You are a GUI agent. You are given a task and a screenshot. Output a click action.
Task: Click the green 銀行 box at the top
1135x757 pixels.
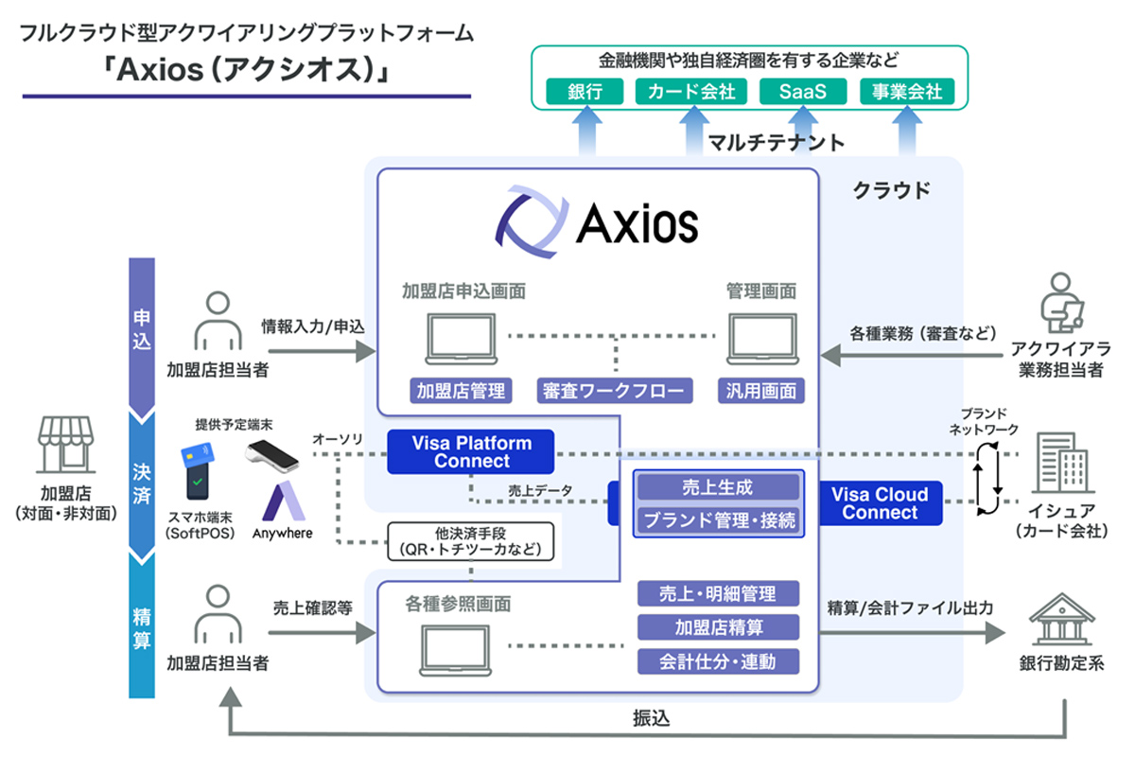pos(585,92)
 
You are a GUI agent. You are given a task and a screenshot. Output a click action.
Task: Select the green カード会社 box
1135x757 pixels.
pos(691,92)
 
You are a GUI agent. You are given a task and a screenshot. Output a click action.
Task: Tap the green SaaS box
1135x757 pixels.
pos(802,92)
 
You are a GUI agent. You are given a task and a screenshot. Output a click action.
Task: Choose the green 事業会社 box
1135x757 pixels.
pos(907,92)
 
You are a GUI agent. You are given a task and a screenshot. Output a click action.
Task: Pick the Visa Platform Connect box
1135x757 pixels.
pos(471,452)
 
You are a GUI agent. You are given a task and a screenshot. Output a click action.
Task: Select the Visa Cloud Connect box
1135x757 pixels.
pos(880,503)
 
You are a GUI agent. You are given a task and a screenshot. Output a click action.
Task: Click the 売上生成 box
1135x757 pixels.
pos(717,488)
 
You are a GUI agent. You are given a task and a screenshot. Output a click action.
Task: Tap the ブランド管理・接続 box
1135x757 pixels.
pos(717,519)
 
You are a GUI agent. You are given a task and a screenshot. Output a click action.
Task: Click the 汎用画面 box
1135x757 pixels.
pos(761,390)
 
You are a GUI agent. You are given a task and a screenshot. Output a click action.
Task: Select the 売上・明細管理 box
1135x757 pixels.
pos(718,594)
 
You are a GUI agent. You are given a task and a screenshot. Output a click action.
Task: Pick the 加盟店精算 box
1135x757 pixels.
pos(718,627)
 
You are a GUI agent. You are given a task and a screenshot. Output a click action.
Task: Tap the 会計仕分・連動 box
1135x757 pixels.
pos(718,661)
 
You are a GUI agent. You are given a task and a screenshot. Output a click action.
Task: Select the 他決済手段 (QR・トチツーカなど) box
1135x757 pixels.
pos(469,542)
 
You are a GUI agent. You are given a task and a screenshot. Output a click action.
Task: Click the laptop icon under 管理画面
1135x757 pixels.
pos(761,339)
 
